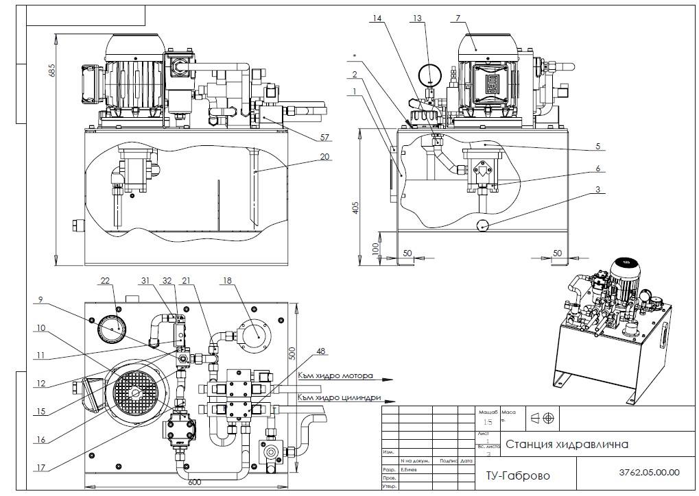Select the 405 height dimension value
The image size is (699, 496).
tap(355, 208)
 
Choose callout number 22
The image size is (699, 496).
tap(105, 280)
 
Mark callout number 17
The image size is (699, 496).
tap(40, 469)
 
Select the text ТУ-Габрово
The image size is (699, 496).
tap(517, 475)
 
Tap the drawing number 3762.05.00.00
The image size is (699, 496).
tap(648, 472)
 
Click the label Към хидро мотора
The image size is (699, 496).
tap(335, 376)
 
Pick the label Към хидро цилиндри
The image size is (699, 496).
tap(339, 397)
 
